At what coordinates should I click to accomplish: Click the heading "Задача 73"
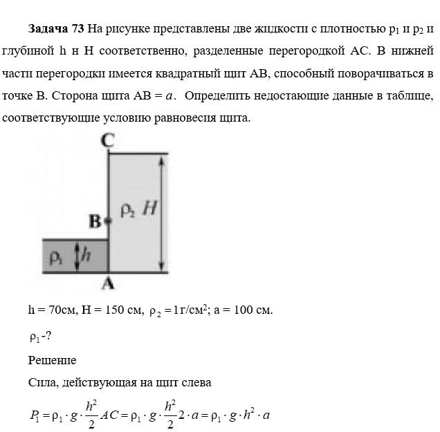[56, 29]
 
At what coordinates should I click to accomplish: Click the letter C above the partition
[107, 140]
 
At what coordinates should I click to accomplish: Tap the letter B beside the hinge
[95, 222]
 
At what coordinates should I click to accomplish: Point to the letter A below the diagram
[108, 281]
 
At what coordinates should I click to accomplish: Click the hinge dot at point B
[107, 221]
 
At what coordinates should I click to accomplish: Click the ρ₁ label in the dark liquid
[56, 257]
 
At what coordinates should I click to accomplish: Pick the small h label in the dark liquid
[86, 255]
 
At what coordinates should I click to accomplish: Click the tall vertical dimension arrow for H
[161, 213]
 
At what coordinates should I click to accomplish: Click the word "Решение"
[52, 360]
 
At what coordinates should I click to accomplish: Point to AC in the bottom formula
[114, 415]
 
